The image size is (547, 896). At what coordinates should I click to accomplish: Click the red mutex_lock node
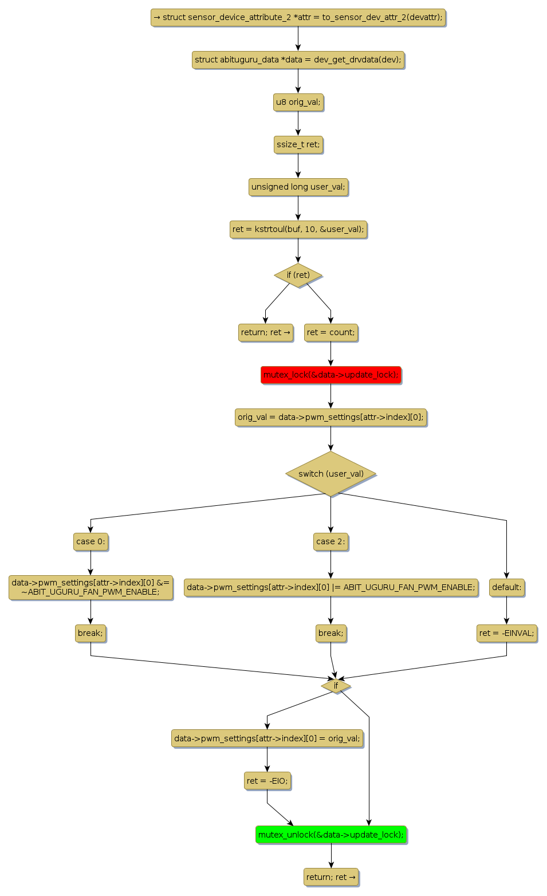click(330, 375)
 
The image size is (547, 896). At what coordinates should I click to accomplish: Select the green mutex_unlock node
click(331, 835)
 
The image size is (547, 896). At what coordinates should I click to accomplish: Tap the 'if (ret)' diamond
click(298, 275)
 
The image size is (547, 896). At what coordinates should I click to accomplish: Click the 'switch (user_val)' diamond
click(330, 474)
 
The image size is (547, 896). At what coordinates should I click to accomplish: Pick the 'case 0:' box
click(90, 541)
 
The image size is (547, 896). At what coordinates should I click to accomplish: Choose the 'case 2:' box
click(330, 541)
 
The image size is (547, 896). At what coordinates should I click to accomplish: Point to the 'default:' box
click(506, 587)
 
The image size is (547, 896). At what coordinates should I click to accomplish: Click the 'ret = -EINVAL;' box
click(506, 633)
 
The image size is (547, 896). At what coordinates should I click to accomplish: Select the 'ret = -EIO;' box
click(267, 781)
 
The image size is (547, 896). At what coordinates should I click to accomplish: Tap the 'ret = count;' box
click(330, 332)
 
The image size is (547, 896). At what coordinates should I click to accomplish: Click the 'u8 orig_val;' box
click(298, 102)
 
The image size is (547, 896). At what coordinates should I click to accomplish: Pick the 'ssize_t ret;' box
click(298, 144)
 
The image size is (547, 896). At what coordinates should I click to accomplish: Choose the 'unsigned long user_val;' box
click(298, 187)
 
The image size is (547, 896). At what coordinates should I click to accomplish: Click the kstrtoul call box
click(298, 229)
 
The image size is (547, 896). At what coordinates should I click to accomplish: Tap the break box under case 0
click(90, 633)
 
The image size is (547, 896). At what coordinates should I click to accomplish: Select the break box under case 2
click(330, 633)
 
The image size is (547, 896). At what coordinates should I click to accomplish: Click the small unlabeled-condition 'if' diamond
click(336, 686)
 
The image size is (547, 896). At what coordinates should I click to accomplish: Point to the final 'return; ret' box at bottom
click(330, 877)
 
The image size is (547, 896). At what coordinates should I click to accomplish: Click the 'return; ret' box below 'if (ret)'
click(265, 332)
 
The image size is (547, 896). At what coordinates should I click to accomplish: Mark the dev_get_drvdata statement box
click(298, 60)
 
